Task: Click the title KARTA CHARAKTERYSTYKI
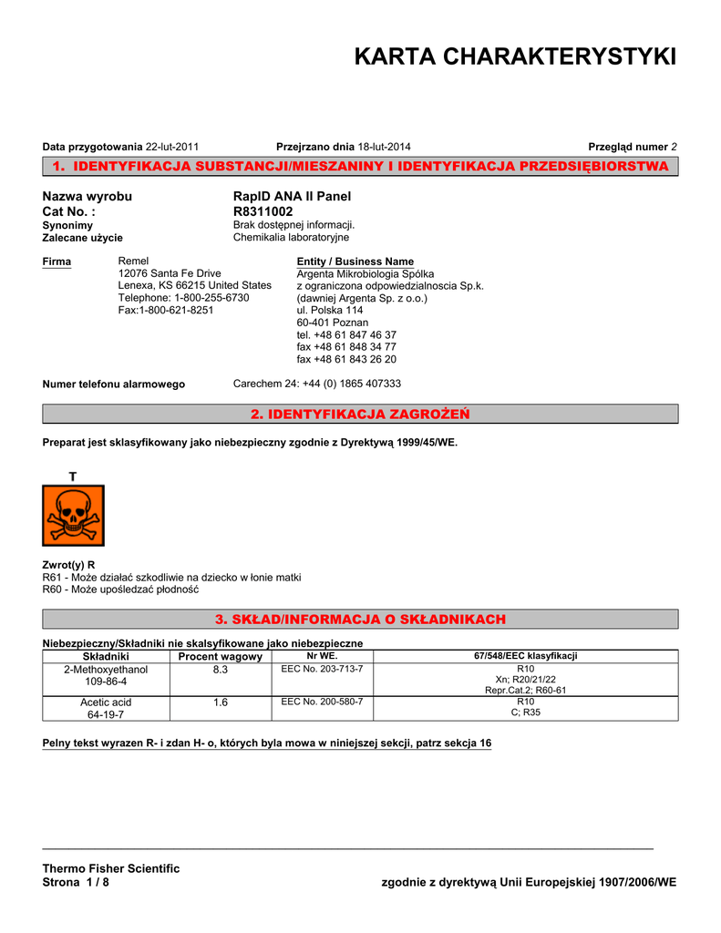click(x=515, y=57)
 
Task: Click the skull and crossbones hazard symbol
click(x=74, y=515)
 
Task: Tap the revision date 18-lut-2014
click(x=385, y=147)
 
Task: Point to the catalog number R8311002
click(x=263, y=211)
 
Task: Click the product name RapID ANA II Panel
click(x=292, y=197)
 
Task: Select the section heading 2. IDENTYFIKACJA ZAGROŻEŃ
click(x=360, y=415)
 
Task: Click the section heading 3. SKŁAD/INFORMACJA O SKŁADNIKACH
click(x=360, y=620)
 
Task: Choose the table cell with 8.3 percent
click(x=220, y=670)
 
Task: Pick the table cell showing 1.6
click(x=220, y=702)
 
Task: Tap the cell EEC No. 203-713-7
click(x=322, y=670)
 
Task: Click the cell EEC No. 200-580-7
click(x=322, y=702)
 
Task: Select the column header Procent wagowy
click(x=220, y=656)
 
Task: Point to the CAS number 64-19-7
click(x=106, y=714)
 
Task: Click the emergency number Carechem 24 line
click(x=317, y=384)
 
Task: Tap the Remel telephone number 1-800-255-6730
click(x=183, y=298)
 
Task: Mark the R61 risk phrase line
click(x=171, y=578)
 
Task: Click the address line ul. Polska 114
click(x=330, y=311)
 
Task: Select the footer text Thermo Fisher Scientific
click(x=111, y=868)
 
